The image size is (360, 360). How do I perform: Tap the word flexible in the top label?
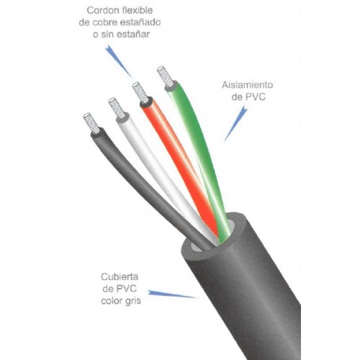pos(138,10)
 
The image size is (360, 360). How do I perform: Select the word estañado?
pos(140,22)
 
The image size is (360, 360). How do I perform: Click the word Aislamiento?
pos(247,85)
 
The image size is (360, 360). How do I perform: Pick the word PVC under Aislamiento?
pos(256,97)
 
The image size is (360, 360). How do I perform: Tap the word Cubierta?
pos(120,276)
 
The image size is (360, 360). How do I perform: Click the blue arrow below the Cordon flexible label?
pos(118,60)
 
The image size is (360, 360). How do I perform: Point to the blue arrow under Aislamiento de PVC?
pos(236,124)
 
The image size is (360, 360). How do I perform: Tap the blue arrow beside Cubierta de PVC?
pos(173,294)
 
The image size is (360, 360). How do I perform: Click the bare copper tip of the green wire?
pos(165,76)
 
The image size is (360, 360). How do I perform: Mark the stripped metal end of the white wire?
pos(116,108)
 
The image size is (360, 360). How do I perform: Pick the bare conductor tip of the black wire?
pos(91,123)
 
